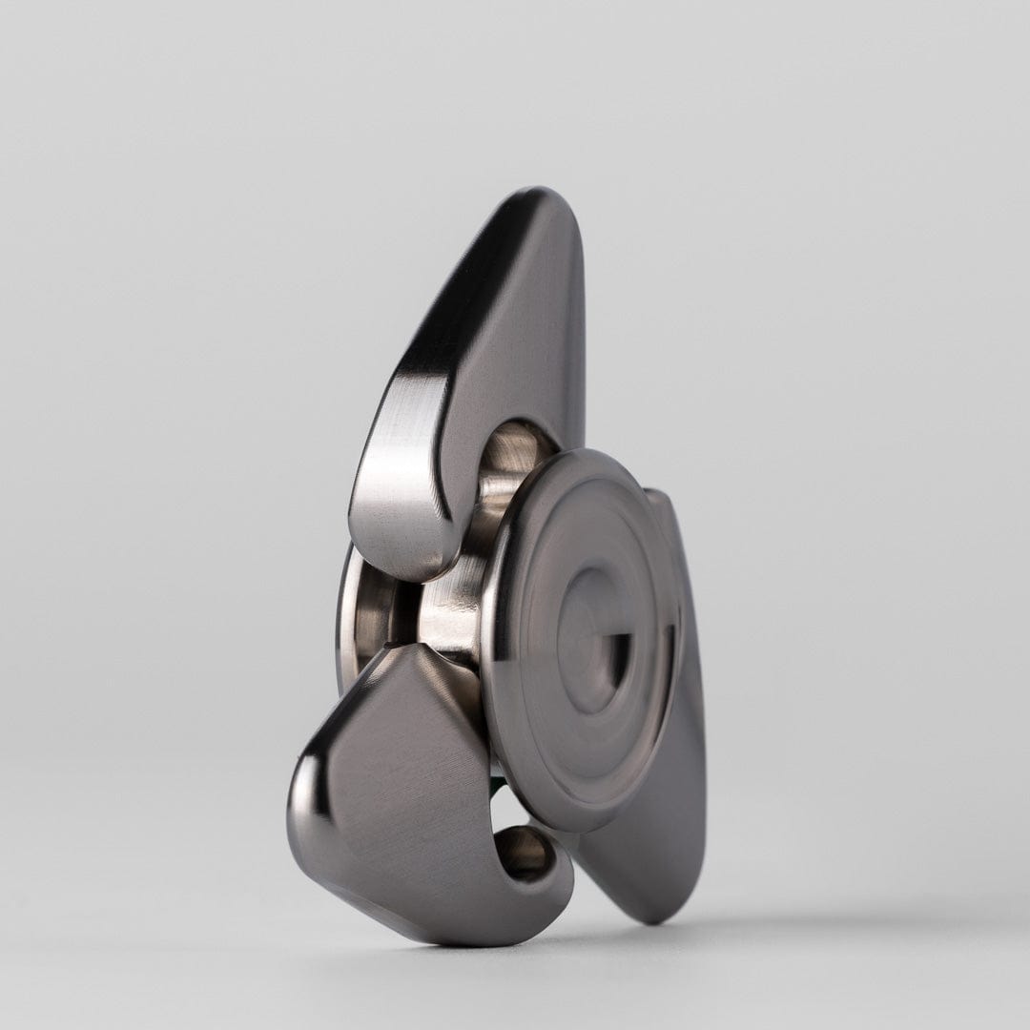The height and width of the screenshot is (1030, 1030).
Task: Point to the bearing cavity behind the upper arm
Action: (x=515, y=458)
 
